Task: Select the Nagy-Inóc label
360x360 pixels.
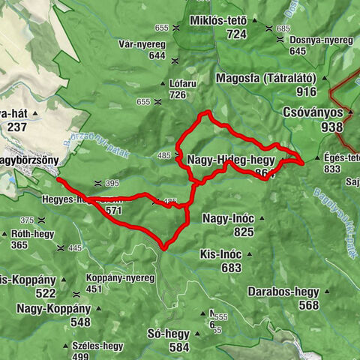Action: [228, 218]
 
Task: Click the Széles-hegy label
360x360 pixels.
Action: [98, 346]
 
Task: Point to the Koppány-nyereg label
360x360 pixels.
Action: [120, 277]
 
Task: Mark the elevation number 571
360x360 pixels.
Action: [113, 211]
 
